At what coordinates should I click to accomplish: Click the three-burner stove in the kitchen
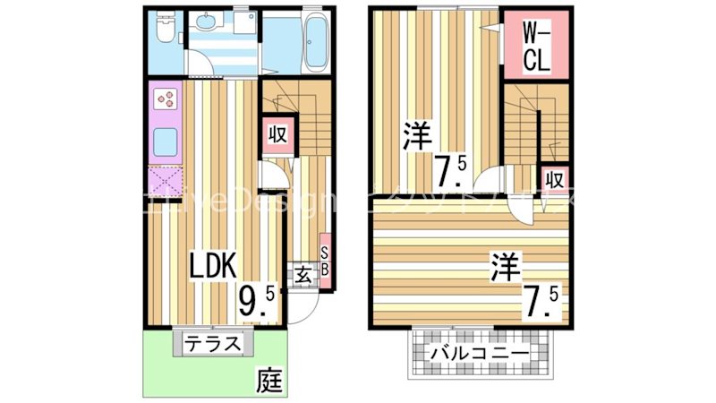click(166, 98)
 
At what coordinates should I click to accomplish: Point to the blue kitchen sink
click(166, 141)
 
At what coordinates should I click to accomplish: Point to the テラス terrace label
click(215, 342)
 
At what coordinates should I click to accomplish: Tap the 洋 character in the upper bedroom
click(417, 138)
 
